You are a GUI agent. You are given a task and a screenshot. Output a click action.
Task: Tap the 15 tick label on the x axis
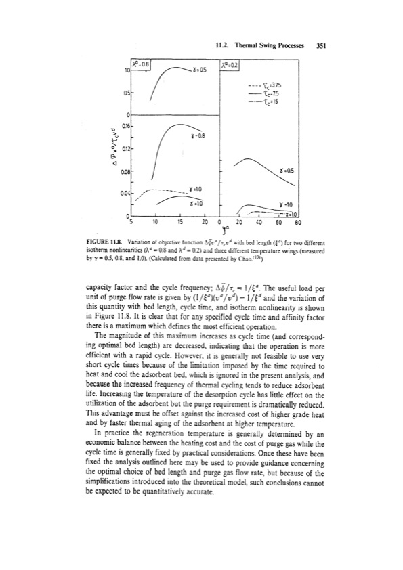click(x=180, y=220)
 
